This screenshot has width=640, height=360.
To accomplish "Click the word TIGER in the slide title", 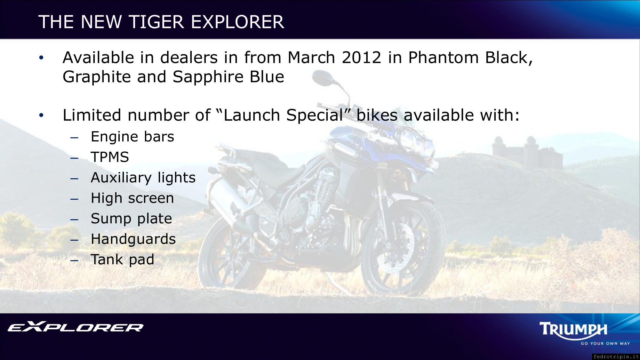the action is tap(156, 22).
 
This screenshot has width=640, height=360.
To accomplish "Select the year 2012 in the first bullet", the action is tap(361, 58).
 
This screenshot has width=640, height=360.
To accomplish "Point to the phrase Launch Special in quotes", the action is tap(283, 115).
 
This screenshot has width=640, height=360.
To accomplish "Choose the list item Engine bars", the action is tap(132, 137).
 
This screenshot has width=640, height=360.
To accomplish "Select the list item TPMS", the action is tap(110, 157).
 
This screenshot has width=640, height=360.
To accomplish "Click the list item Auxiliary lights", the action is tap(143, 178).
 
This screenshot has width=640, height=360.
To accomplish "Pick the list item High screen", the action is tap(132, 198).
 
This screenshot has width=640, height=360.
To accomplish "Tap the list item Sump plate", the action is tap(132, 219).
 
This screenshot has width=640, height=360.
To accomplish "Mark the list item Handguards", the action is tap(133, 239).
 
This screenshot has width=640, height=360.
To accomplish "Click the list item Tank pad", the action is tap(123, 260).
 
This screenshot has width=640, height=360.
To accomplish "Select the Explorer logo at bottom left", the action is tap(76, 327).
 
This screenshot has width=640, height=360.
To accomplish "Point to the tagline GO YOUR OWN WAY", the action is tap(605, 343).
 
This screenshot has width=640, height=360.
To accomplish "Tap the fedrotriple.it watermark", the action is tap(616, 356).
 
